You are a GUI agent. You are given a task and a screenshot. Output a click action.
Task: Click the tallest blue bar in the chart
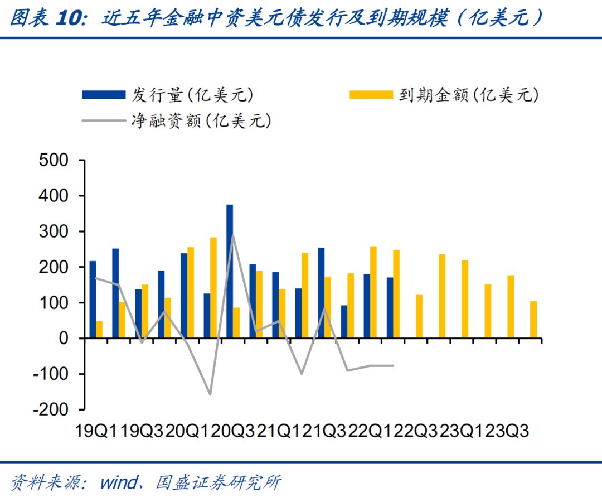pyautogui.click(x=230, y=271)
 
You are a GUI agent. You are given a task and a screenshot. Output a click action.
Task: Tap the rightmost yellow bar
pyautogui.click(x=533, y=319)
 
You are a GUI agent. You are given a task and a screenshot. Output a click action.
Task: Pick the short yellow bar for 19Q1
pyautogui.click(x=99, y=329)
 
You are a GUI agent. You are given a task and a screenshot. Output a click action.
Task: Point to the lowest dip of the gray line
pyautogui.click(x=210, y=394)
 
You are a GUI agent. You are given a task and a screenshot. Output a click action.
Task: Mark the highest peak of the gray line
pyautogui.click(x=232, y=235)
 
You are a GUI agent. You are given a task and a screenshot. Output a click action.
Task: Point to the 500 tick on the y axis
pyautogui.click(x=54, y=161)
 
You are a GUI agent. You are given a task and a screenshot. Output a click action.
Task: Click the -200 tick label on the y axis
pyautogui.click(x=51, y=409)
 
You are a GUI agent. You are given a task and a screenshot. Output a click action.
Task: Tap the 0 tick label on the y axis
pyautogui.click(x=64, y=339)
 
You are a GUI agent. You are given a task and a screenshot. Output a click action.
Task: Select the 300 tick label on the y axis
pyautogui.click(x=54, y=231)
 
